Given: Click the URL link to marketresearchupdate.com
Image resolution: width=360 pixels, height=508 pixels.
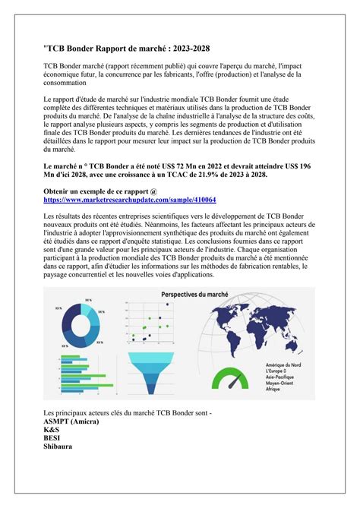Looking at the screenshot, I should click(130, 200).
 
